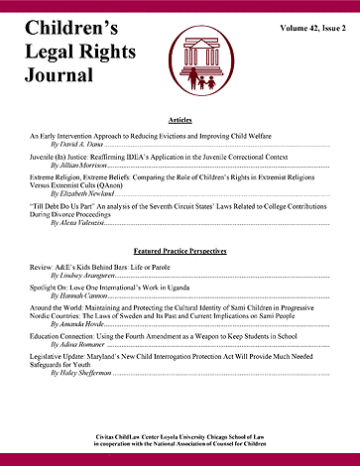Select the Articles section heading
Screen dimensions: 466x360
tap(180, 118)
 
